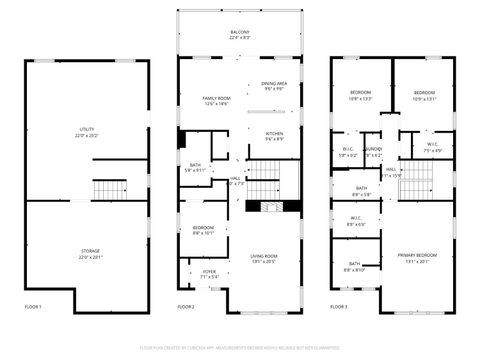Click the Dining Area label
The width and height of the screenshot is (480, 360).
coord(275,85)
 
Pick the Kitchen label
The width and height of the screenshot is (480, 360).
coord(274,135)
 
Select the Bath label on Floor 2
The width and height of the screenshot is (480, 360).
coord(195,167)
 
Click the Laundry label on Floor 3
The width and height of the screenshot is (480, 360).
coord(373,153)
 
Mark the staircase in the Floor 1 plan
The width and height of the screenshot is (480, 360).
coord(106,190)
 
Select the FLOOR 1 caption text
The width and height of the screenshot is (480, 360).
coord(34,306)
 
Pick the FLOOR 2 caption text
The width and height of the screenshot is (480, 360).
coord(186,306)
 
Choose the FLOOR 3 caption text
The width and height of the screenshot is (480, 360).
coord(340,306)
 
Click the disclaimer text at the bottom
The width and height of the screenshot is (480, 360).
coord(240,347)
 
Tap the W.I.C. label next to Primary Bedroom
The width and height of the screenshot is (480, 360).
coord(356,222)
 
